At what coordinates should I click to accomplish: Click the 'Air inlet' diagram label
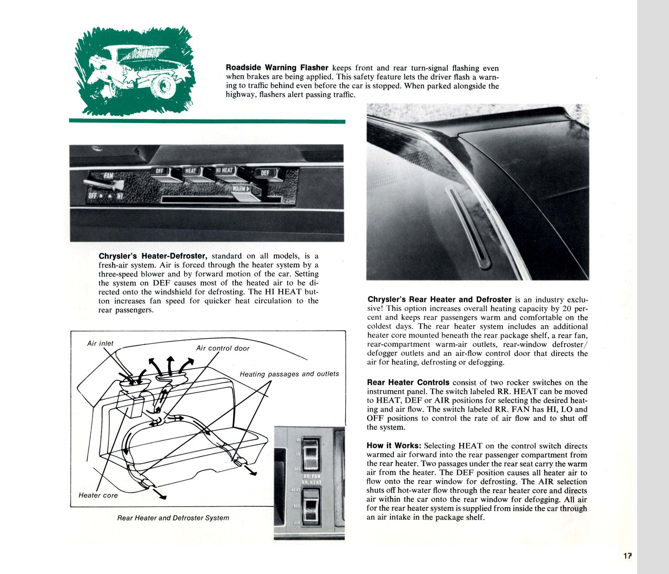100,344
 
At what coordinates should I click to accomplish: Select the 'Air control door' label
223,348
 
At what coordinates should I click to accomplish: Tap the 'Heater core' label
98,495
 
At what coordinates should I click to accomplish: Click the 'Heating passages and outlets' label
289,374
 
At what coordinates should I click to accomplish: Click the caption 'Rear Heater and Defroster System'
173,518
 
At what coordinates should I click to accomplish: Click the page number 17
627,556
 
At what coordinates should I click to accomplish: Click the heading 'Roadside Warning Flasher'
277,68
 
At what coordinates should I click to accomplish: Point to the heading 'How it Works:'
394,446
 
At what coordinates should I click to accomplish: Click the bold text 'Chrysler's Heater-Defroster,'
153,256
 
